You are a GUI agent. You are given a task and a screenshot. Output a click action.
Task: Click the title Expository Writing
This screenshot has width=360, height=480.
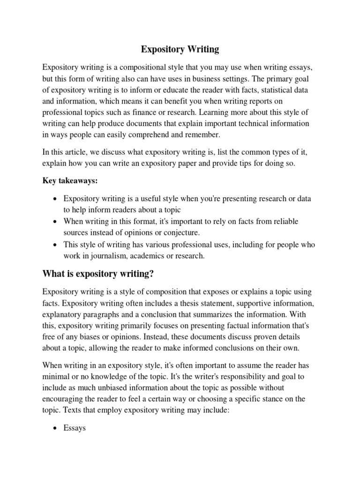(180, 48)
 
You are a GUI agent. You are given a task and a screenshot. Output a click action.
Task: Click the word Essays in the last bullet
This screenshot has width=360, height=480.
(75, 428)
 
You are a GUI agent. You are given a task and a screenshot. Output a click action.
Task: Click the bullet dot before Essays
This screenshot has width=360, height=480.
(56, 428)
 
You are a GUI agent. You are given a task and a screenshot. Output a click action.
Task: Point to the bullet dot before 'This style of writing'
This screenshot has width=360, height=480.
(56, 245)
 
